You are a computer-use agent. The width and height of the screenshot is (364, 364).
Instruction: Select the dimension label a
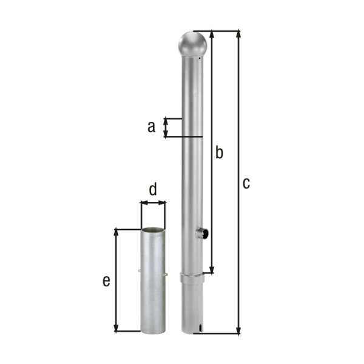[151, 127]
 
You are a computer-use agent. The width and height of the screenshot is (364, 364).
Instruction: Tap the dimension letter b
[220, 152]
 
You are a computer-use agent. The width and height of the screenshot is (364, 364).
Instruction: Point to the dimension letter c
[246, 183]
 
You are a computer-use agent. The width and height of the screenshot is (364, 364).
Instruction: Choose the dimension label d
[153, 190]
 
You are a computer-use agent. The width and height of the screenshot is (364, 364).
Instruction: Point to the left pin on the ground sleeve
[140, 271]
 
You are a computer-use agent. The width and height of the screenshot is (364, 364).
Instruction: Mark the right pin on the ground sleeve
[166, 274]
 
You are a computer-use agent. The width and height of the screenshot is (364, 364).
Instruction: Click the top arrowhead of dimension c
[238, 34]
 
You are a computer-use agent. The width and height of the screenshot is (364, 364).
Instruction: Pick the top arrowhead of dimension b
[212, 34]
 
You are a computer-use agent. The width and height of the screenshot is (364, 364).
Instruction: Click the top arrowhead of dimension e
[116, 233]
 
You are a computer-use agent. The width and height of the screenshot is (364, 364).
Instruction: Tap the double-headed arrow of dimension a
[166, 127]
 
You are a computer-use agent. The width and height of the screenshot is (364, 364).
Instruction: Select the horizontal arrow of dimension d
[153, 204]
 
